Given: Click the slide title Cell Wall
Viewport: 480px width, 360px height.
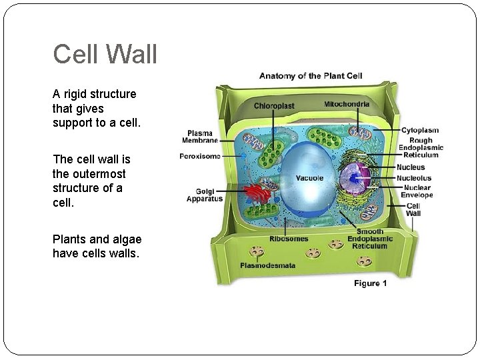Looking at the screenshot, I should tap(105, 54).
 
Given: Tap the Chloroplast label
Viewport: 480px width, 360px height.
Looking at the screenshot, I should tap(273, 106).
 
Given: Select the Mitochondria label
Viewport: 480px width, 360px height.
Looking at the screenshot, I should tap(347, 105).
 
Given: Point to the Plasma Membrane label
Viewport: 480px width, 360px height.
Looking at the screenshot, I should tap(200, 137).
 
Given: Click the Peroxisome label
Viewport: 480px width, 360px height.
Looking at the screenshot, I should tap(200, 157).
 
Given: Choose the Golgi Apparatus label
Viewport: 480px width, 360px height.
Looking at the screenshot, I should tap(204, 195).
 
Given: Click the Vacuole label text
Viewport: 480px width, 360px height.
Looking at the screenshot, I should tap(309, 178).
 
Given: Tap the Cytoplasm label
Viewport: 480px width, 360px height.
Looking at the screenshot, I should tap(419, 131).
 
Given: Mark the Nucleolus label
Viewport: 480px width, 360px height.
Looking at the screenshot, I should tap(414, 178).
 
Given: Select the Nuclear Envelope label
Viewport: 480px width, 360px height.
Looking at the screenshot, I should tap(417, 191).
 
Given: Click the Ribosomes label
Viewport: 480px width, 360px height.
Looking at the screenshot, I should tap(289, 239).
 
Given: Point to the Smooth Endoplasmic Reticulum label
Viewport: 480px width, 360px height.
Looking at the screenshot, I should tap(369, 239).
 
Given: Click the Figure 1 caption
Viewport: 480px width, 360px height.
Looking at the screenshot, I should tap(371, 283).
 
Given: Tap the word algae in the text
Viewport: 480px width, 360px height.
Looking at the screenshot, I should tap(125, 239).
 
